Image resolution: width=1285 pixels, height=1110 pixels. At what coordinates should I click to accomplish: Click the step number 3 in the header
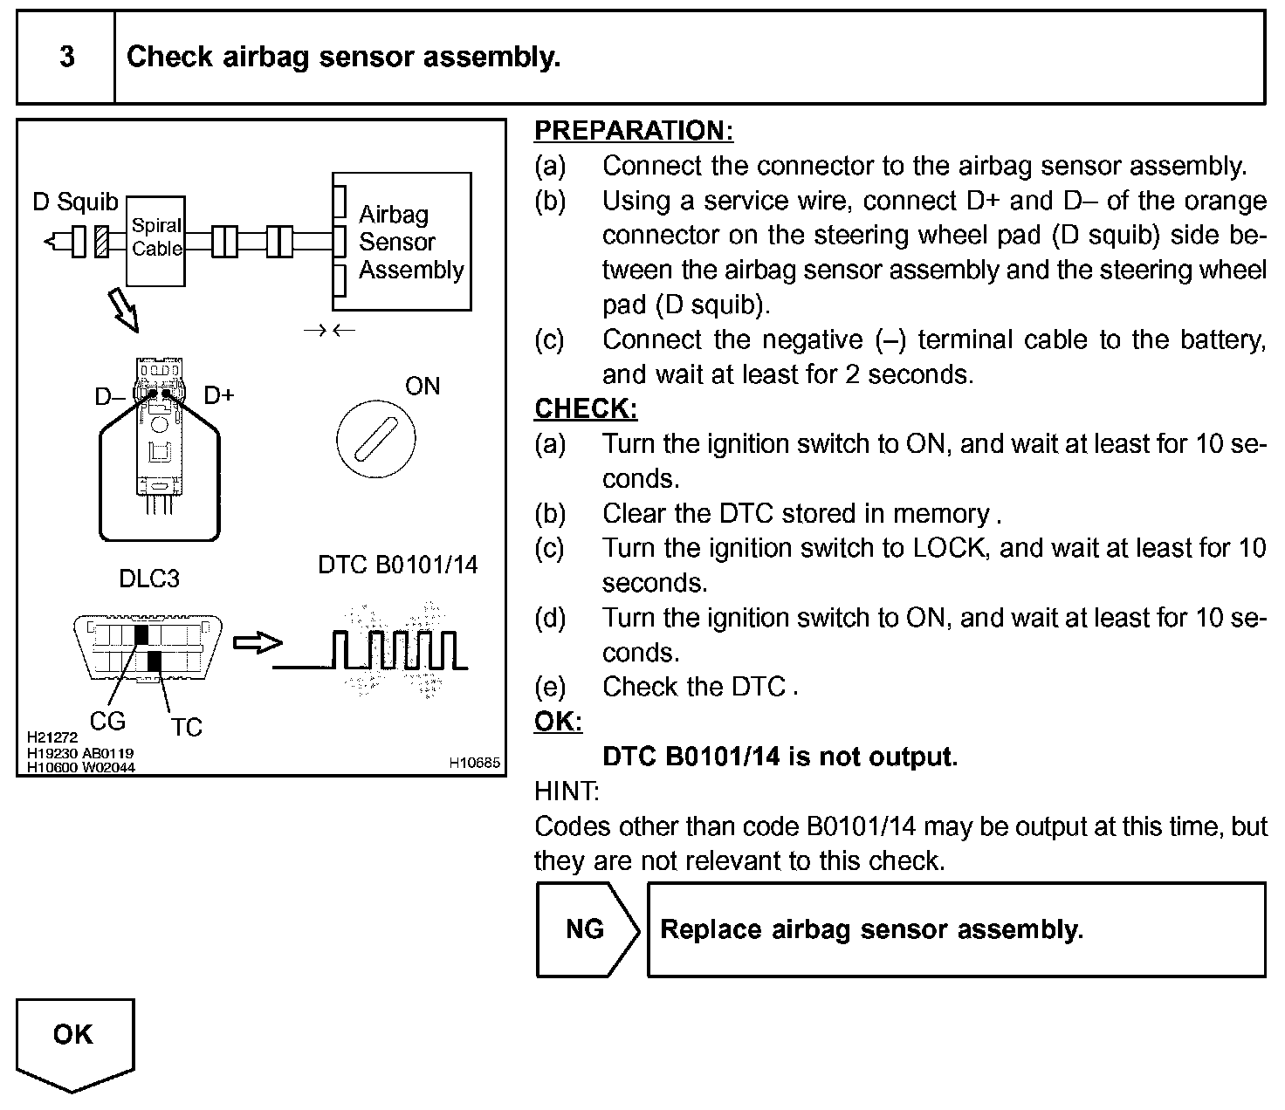[x=66, y=58]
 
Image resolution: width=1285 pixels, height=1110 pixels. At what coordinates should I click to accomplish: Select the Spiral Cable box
[x=156, y=240]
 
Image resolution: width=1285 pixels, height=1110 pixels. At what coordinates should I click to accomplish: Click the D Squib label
[x=75, y=202]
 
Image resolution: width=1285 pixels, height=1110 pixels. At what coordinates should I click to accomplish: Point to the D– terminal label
[x=110, y=397]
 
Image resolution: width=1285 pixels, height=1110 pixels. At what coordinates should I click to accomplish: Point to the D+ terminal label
[x=219, y=395]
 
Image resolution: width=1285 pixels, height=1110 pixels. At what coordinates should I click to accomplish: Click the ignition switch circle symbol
[x=375, y=439]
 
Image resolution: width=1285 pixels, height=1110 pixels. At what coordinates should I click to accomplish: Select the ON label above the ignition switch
[x=423, y=387]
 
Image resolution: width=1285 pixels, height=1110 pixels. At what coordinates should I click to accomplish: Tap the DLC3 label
[x=149, y=579]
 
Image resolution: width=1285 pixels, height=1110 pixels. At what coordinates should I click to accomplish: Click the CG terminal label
[x=107, y=721]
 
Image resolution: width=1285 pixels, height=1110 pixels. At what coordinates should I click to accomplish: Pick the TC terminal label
[x=186, y=727]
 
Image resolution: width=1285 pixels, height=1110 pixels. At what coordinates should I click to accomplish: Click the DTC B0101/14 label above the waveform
[x=398, y=565]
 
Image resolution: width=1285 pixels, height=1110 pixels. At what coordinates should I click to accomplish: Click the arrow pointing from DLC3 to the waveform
[x=258, y=643]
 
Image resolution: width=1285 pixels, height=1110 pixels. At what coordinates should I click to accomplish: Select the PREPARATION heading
[x=634, y=131]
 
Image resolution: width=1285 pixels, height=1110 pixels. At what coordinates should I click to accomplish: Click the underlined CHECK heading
[x=586, y=408]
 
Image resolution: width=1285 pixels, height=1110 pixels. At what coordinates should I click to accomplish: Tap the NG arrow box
[x=587, y=929]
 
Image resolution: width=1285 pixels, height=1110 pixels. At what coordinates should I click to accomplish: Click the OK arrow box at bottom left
[x=73, y=1038]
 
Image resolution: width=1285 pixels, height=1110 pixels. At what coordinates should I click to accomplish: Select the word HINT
[x=567, y=791]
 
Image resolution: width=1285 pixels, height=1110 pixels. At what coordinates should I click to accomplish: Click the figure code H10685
[x=475, y=763]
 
